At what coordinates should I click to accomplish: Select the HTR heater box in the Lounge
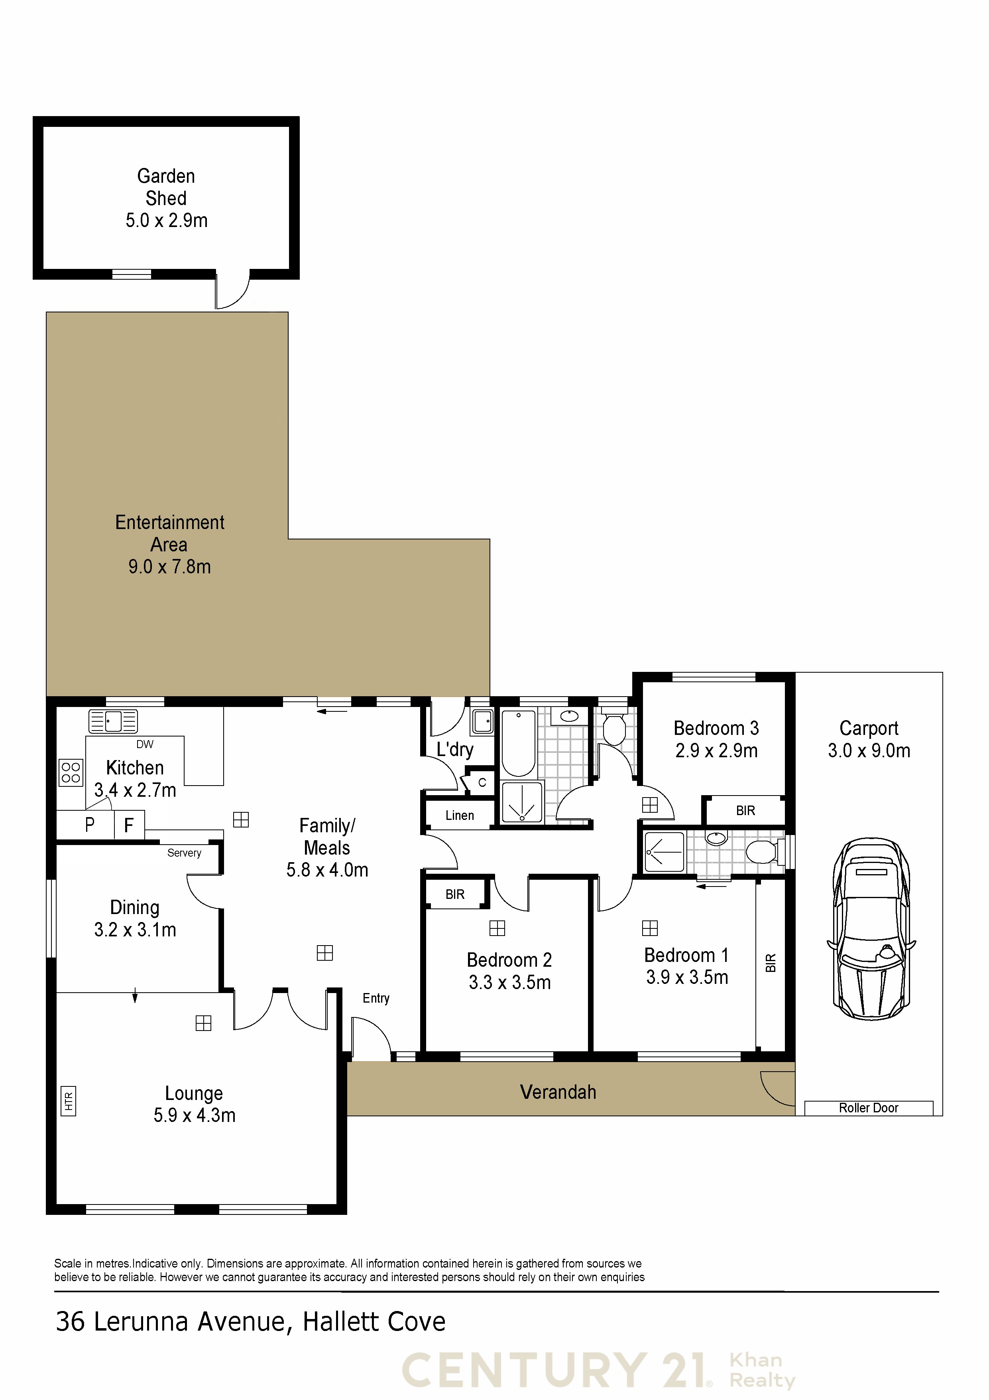pos(68,1101)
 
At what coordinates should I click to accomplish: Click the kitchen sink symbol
pos(113,721)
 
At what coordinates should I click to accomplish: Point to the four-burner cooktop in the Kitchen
pos(71,772)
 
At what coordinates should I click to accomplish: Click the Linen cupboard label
pos(460,815)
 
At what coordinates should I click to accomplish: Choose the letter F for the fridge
pos(129,825)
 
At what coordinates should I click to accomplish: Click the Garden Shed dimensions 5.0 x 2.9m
pos(166,220)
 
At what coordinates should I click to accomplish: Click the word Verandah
pos(558,1092)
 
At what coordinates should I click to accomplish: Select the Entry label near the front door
pos(376,999)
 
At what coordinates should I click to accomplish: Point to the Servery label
pos(184,853)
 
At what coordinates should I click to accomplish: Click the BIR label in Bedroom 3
pos(745,810)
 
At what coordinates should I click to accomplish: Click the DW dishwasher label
pos(145,744)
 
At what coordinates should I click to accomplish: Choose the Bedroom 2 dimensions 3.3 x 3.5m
pos(509,982)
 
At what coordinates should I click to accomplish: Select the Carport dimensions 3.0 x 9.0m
pos(869,750)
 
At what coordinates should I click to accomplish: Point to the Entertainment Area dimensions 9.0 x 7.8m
pos(169,567)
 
